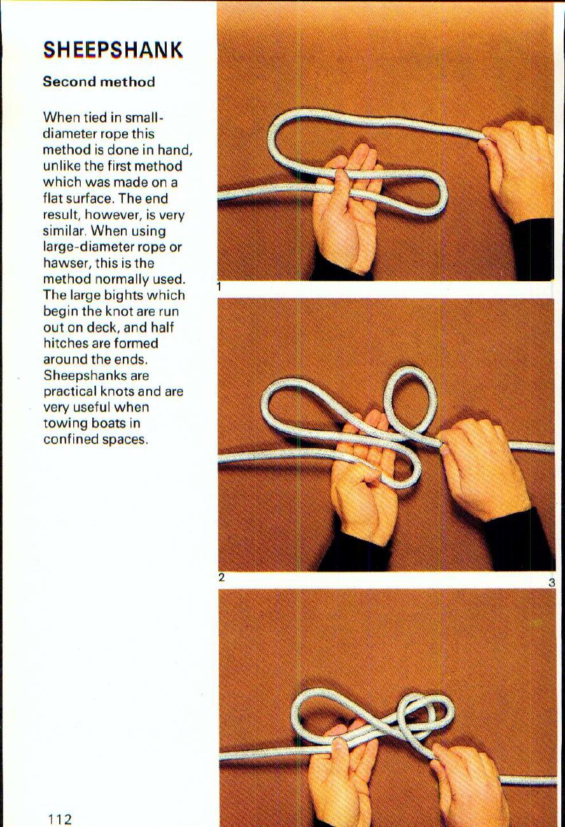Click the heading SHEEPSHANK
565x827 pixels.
[x=113, y=50]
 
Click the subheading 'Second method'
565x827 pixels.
[x=99, y=82]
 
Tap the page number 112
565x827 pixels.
[x=58, y=818]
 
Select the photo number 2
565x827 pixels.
[x=221, y=578]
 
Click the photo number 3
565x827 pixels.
[x=552, y=582]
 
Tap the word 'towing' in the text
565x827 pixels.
[x=65, y=424]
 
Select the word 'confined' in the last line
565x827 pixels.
[x=70, y=440]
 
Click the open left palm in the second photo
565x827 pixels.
[x=363, y=483]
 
